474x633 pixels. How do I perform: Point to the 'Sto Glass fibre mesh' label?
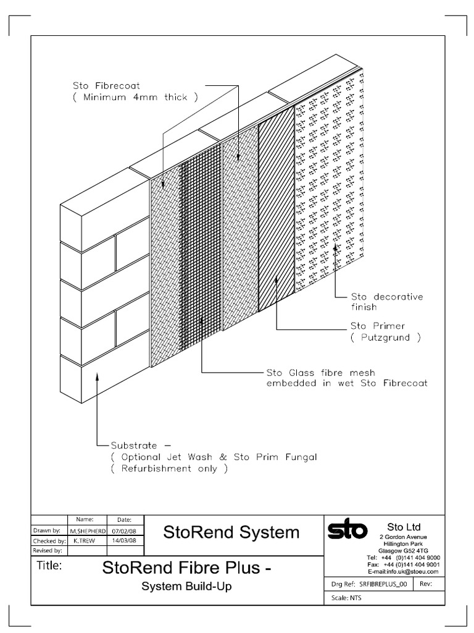(x=320, y=373)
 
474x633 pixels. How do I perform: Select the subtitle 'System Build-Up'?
(x=186, y=587)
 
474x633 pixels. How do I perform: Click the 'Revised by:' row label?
(x=47, y=550)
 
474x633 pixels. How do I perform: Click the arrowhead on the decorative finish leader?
(x=335, y=248)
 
